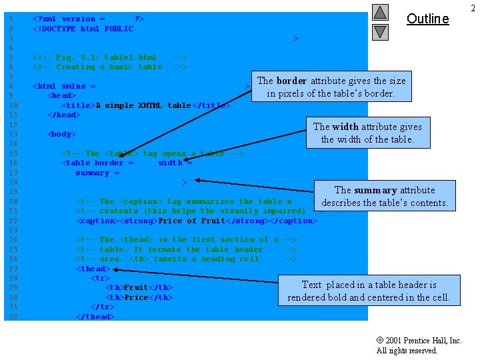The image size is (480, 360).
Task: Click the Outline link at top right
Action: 427,19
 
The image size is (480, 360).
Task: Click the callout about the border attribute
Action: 331,87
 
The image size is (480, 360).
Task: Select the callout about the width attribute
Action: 367,133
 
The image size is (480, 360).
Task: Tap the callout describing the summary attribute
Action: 384,196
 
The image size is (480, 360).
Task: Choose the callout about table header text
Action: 369,291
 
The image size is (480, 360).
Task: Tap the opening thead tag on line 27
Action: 93,269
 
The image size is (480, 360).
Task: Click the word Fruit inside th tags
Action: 136,288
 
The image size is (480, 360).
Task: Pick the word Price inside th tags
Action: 136,297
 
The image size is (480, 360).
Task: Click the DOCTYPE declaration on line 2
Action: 83,29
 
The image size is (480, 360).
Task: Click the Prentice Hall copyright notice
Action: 418,345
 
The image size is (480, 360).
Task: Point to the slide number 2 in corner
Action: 473,7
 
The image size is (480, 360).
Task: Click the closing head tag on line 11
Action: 64,115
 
